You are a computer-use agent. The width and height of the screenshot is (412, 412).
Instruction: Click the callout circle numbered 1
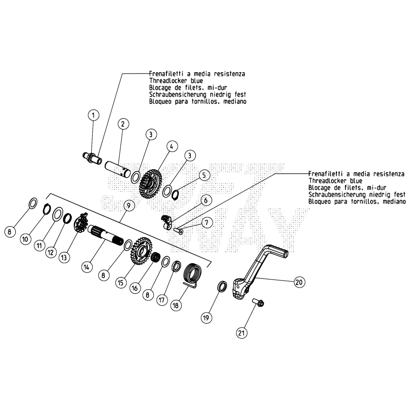(x=93, y=115)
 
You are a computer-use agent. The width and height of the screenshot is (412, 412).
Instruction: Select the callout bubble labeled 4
(x=172, y=147)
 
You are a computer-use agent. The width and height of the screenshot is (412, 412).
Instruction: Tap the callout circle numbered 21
(x=241, y=333)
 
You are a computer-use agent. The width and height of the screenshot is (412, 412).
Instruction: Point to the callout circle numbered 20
(x=299, y=282)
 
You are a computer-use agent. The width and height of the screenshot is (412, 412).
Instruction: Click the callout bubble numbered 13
(x=64, y=257)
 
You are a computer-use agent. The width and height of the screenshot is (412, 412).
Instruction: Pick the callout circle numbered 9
(x=129, y=205)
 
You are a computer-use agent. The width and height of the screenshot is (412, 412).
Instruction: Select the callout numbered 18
(x=176, y=305)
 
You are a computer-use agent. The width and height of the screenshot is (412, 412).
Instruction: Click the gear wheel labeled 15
(x=141, y=251)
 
